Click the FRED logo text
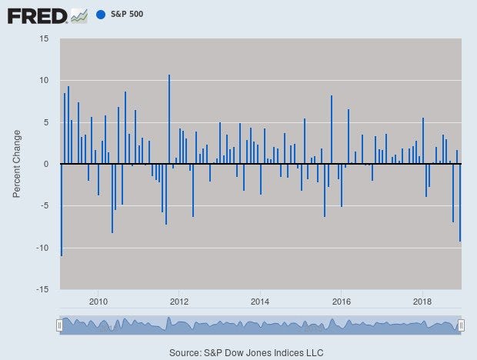tap(37, 15)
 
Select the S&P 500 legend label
tap(127, 15)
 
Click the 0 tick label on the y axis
tap(46, 164)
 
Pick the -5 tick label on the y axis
tap(45, 205)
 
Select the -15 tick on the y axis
tap(42, 289)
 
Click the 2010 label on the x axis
tap(98, 301)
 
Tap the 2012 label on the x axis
tap(179, 301)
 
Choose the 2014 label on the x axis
tap(260, 301)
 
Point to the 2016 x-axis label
tap(342, 301)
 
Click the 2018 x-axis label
tap(422, 301)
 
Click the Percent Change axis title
tap(17, 164)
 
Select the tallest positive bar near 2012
tap(169, 119)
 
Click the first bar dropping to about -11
tap(61, 209)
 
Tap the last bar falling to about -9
tap(460, 202)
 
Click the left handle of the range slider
tap(59, 325)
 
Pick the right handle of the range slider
tap(462, 325)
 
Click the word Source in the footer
tap(185, 352)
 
